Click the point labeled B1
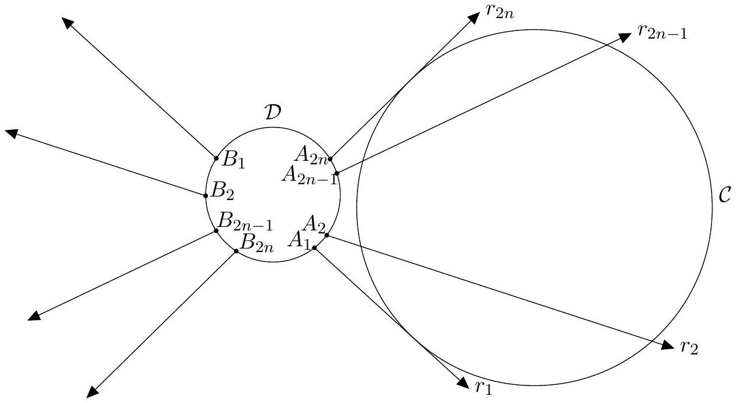(x=216, y=159)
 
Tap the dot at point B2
(x=206, y=196)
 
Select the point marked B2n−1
(x=216, y=230)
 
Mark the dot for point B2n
(x=236, y=252)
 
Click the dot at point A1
(x=314, y=248)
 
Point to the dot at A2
(x=327, y=235)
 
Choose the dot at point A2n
(x=330, y=159)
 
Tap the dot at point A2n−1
(x=337, y=173)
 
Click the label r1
(x=484, y=388)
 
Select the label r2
(x=689, y=347)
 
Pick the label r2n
(x=500, y=12)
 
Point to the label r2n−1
(x=662, y=32)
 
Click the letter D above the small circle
(x=273, y=112)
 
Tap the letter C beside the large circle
(x=725, y=195)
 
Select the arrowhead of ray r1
(x=463, y=383)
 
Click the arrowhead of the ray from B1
(x=68, y=23)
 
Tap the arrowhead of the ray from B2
(x=11, y=133)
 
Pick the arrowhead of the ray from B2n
(x=92, y=392)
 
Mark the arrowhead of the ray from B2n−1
(x=34, y=316)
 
